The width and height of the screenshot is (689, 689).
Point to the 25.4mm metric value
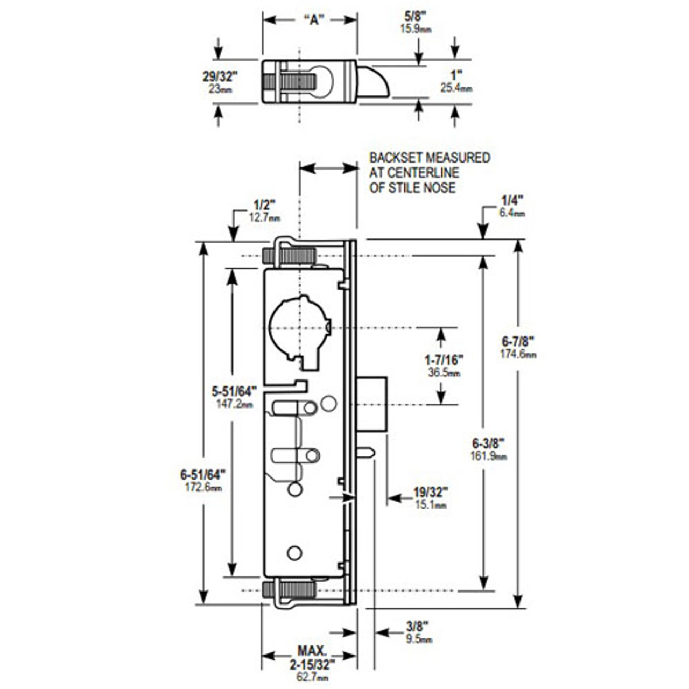click(456, 88)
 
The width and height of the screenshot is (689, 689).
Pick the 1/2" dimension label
click(264, 206)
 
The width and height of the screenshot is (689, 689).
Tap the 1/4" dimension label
click(509, 202)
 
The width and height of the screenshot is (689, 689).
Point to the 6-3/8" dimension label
click(488, 444)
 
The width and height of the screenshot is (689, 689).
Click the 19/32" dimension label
click(431, 493)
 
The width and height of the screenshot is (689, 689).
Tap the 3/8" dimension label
click(417, 627)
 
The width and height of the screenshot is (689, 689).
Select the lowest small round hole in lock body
click(294, 553)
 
